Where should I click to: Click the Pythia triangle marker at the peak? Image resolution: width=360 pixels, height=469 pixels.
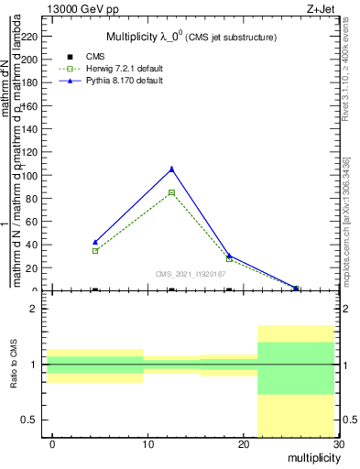point(171,169)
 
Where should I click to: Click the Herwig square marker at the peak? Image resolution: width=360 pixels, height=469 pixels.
point(171,192)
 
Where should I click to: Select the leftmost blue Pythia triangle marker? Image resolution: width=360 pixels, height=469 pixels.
point(95,242)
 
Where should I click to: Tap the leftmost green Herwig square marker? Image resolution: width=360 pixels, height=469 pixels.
point(95,250)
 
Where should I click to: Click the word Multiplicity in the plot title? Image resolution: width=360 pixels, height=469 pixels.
point(137,38)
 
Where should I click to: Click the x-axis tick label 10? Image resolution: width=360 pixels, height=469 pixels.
point(147,444)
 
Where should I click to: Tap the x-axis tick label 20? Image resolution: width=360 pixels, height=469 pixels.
point(243,444)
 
